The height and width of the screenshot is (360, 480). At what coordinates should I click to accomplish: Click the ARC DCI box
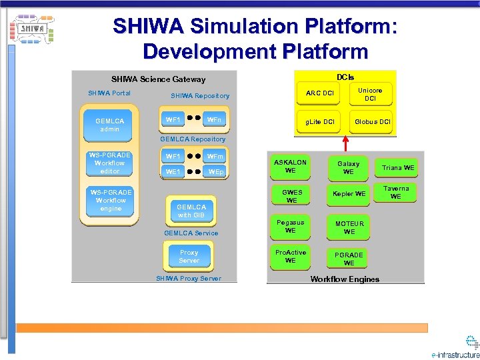point(319,93)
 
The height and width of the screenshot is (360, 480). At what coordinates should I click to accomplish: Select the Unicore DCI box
point(371,94)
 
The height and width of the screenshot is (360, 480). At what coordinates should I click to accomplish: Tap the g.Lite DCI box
point(319,122)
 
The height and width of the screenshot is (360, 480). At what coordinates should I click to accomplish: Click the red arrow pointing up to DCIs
point(345,145)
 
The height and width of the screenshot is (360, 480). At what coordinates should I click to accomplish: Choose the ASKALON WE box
point(291,167)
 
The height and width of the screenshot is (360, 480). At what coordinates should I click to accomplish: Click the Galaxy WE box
point(349,167)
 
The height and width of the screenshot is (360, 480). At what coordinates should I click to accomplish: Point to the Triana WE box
point(399,167)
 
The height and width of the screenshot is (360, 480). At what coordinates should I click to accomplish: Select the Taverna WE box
point(396,193)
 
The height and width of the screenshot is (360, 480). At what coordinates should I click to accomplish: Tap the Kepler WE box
point(349,194)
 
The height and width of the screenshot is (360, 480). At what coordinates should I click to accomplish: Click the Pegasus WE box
point(291,227)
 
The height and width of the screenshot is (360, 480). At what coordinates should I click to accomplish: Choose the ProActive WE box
point(291,257)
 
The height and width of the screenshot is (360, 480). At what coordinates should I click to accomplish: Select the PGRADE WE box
point(349,259)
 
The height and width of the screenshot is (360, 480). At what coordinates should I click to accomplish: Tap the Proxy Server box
point(189,257)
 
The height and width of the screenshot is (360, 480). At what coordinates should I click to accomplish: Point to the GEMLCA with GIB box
point(191,211)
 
